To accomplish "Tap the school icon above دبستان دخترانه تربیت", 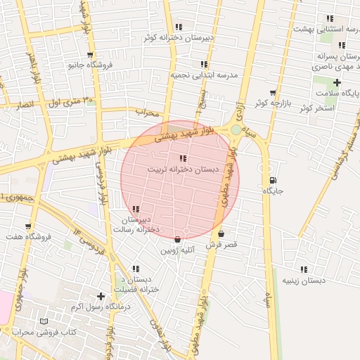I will tap(183, 159).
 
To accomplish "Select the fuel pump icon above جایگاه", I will tap(272, 180).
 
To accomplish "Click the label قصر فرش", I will tap(221, 245).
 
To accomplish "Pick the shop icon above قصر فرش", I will tap(221, 234).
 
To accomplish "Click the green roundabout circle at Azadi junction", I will tap(235, 129).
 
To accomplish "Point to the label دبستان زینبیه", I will tap(304, 281).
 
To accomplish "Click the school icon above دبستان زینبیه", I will tap(304, 269).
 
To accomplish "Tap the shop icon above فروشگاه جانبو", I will tap(89, 54).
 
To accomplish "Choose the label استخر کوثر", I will tap(314, 108).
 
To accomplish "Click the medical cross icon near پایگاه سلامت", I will tap(337, 83).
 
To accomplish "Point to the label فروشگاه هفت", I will tap(28, 237).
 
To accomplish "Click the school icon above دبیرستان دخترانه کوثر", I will tap(179, 27).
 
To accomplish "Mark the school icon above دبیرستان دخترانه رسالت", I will tap(135, 209).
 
